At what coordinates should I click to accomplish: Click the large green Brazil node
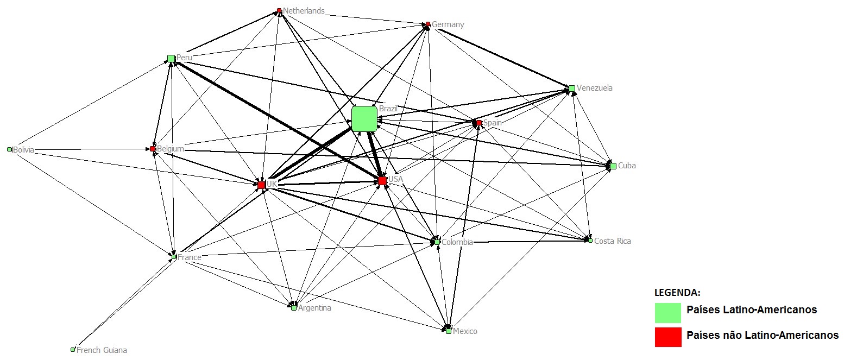click(x=364, y=118)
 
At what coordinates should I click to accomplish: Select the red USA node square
click(x=382, y=180)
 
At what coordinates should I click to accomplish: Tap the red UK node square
click(x=261, y=185)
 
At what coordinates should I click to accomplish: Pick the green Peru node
click(x=171, y=58)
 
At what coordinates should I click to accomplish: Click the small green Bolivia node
click(x=9, y=149)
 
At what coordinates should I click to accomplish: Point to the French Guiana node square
click(x=73, y=350)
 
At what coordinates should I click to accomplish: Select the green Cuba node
click(x=613, y=166)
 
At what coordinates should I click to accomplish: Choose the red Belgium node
click(x=153, y=149)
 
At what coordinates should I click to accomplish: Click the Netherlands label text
click(x=304, y=11)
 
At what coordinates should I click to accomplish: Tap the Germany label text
click(x=448, y=24)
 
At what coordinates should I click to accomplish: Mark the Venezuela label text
click(x=595, y=88)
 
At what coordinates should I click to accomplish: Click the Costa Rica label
click(x=613, y=241)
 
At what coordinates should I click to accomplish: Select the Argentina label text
click(x=314, y=308)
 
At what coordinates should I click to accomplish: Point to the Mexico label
click(x=465, y=331)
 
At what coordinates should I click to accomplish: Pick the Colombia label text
click(x=457, y=242)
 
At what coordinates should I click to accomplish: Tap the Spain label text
click(x=493, y=123)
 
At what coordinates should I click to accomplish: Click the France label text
click(x=190, y=257)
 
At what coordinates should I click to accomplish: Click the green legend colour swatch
click(x=667, y=313)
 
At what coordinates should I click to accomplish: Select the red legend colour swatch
click(x=667, y=337)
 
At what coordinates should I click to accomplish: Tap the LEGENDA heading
click(x=677, y=293)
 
